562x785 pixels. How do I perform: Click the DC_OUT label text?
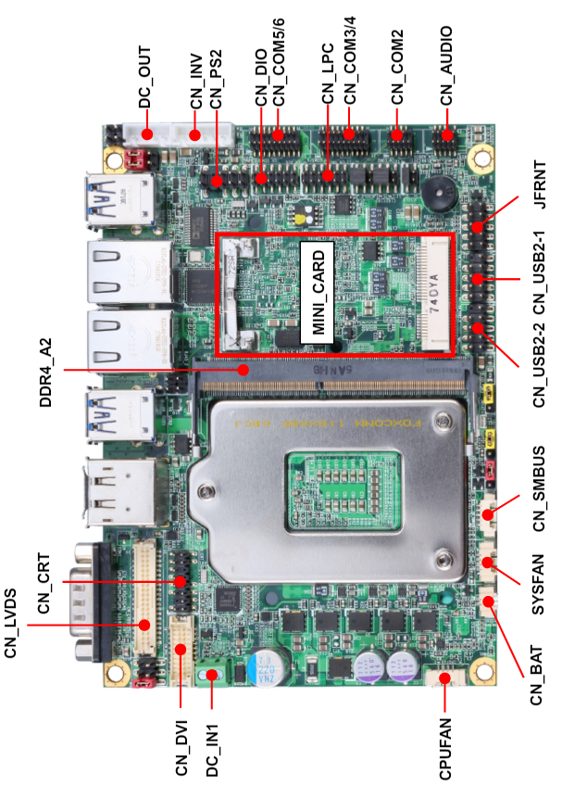click(144, 77)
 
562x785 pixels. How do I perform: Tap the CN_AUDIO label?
click(446, 66)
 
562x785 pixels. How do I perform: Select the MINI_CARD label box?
click(317, 292)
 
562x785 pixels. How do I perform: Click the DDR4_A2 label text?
click(45, 373)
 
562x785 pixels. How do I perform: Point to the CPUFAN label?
click(445, 749)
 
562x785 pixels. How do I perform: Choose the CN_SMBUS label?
click(540, 488)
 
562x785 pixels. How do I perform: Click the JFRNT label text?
click(540, 184)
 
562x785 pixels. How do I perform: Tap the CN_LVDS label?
click(10, 624)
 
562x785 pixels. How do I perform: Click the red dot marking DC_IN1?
click(212, 675)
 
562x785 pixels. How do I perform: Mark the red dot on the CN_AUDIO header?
click(447, 134)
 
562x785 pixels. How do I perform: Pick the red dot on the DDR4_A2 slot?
click(244, 370)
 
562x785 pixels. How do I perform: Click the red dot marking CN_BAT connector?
click(489, 601)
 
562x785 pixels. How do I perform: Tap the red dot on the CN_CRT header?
click(180, 581)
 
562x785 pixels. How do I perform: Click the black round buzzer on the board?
click(439, 194)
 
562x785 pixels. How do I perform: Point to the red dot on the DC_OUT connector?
click(147, 134)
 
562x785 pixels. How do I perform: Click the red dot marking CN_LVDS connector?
click(144, 625)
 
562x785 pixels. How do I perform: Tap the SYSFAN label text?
click(538, 584)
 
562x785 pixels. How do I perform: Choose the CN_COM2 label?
click(397, 67)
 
